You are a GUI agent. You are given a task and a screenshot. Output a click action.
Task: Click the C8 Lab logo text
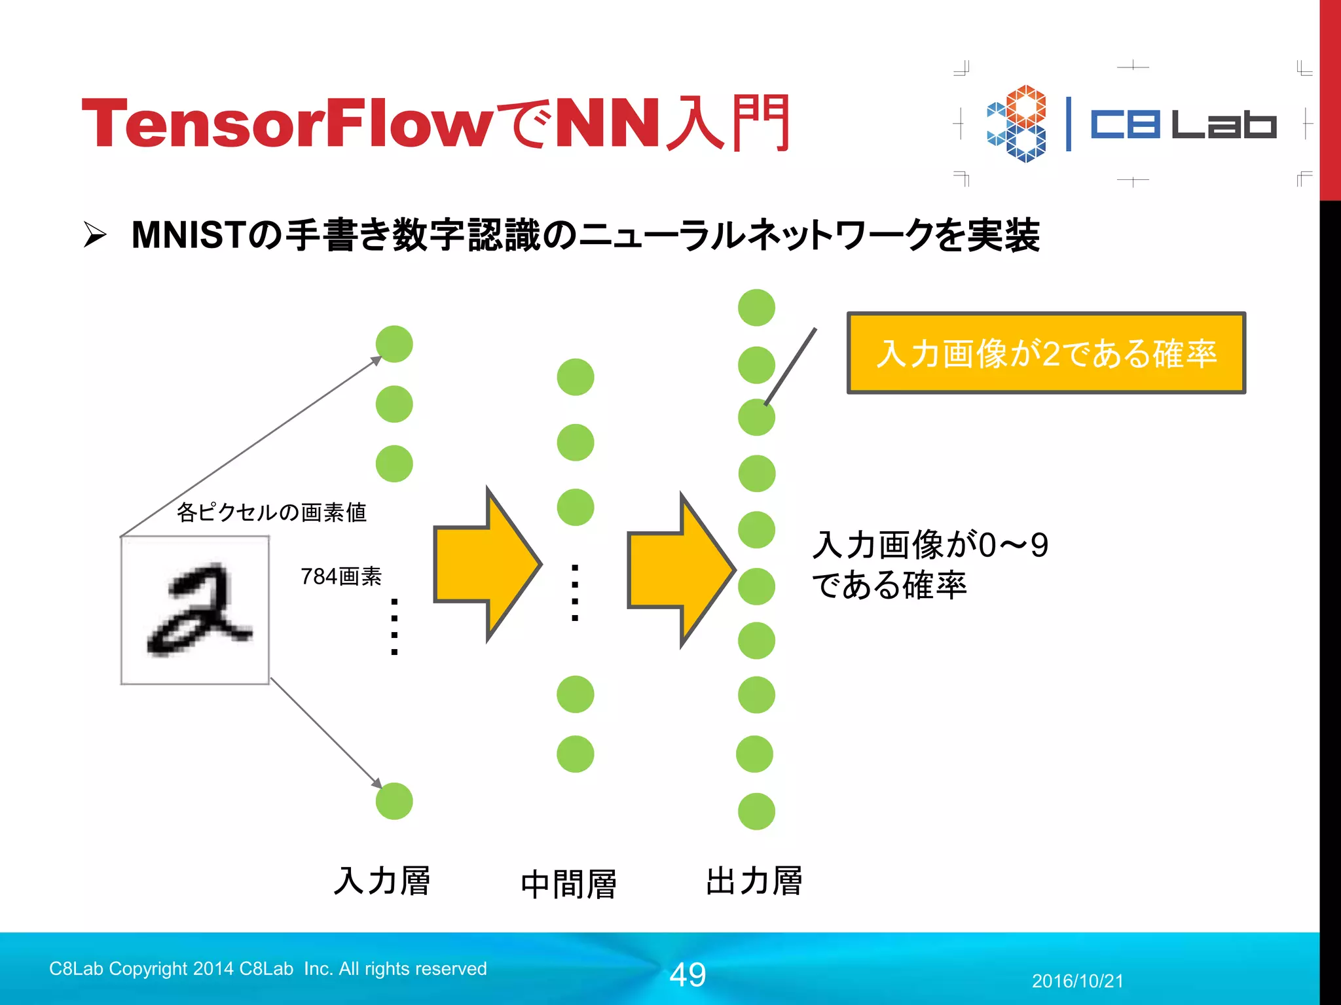tap(1183, 124)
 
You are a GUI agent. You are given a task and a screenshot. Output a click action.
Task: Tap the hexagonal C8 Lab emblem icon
tap(1017, 124)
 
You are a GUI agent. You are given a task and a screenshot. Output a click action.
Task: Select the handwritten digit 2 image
tap(195, 610)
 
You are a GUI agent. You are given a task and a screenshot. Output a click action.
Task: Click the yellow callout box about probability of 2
tap(1046, 353)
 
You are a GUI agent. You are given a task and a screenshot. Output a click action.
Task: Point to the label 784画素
tap(341, 576)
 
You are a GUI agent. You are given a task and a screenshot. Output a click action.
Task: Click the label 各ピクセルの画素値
tap(271, 512)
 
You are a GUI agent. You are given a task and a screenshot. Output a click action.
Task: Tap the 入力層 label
tap(382, 881)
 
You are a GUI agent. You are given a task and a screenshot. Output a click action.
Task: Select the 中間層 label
tap(568, 884)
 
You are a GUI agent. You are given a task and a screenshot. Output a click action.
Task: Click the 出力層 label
tap(754, 881)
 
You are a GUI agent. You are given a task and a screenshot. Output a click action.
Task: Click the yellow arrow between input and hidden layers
tap(488, 564)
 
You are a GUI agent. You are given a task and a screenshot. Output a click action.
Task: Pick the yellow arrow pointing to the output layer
tap(681, 570)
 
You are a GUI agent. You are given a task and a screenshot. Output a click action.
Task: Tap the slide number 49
tap(688, 975)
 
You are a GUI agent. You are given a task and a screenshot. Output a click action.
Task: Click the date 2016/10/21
tap(1078, 981)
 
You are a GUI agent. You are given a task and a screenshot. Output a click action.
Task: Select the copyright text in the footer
tap(268, 968)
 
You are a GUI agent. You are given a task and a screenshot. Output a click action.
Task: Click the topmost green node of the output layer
tap(756, 308)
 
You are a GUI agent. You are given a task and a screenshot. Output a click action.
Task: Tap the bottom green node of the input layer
tap(394, 801)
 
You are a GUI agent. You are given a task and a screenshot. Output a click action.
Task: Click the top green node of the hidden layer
tap(576, 377)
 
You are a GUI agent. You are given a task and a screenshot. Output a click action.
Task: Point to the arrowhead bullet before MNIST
tap(95, 235)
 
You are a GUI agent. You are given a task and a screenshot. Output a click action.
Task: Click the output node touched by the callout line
tap(756, 417)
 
